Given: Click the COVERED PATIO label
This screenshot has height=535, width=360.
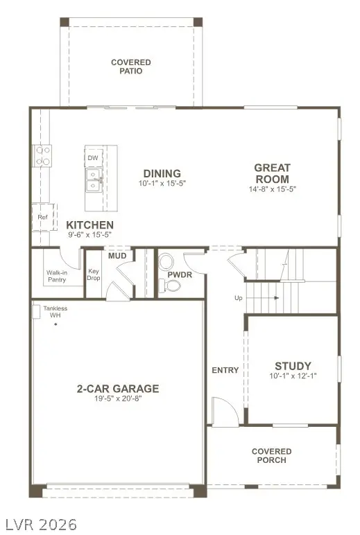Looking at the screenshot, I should (x=130, y=67).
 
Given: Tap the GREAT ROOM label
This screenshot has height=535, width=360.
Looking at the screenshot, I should (x=272, y=173).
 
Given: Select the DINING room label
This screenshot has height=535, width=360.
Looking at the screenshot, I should (x=162, y=173).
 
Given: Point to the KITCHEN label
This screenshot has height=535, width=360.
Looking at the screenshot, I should (x=89, y=225).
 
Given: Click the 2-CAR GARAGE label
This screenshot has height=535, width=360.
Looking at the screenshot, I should (x=117, y=389).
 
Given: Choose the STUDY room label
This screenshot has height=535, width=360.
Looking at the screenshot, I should (x=293, y=366).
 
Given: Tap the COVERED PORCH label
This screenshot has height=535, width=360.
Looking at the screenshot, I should (x=271, y=456).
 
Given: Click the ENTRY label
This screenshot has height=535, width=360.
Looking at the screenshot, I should (x=225, y=370).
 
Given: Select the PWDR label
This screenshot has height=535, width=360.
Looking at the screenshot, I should (x=180, y=275).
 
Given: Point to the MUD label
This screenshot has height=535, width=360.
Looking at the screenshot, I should (x=117, y=256).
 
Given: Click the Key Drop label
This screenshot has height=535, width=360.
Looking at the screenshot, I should (x=94, y=275).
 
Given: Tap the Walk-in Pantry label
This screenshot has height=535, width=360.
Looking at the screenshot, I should (x=57, y=276).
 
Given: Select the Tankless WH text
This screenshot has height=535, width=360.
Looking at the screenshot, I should (x=55, y=312).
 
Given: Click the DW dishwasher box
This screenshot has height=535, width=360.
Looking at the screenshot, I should (x=93, y=158).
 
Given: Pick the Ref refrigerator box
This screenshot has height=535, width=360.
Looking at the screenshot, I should (x=42, y=217).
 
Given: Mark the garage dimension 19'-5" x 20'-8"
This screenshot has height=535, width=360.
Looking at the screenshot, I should (x=117, y=400).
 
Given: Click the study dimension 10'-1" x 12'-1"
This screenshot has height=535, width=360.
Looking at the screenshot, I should (x=293, y=377).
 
